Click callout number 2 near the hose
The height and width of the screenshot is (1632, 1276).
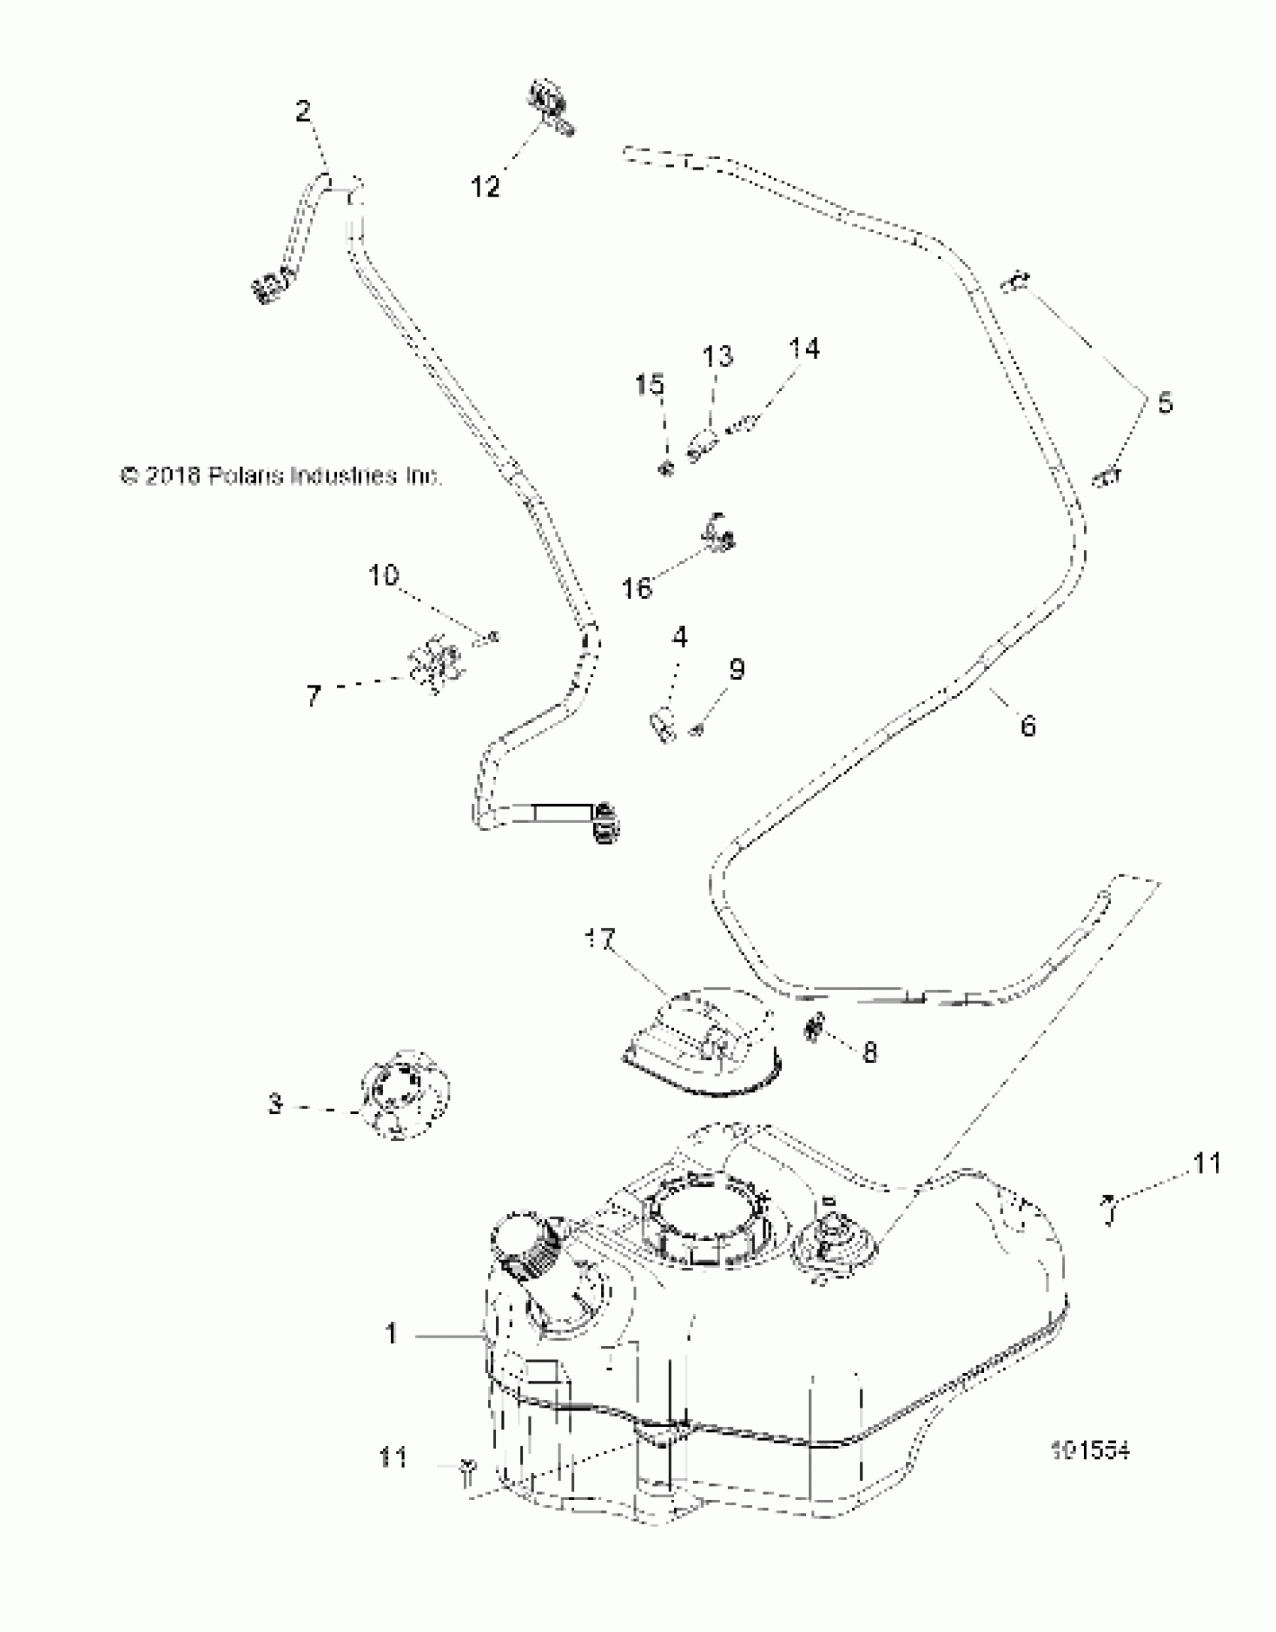[302, 113]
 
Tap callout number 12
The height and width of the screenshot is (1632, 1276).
[486, 187]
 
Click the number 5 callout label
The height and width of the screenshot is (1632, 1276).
[1164, 403]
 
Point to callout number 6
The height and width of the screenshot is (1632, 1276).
[1027, 726]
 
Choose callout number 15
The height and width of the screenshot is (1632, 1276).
[649, 385]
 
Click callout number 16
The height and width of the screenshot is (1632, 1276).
[636, 588]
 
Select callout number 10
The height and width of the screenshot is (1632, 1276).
[383, 576]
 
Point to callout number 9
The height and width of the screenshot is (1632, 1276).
[736, 669]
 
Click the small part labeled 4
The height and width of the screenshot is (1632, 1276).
[661, 725]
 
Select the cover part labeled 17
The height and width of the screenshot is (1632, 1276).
[703, 1044]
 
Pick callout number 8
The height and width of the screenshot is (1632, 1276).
[870, 1052]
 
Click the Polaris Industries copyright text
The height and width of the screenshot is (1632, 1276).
[281, 476]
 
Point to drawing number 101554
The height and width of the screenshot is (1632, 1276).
[1091, 1451]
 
